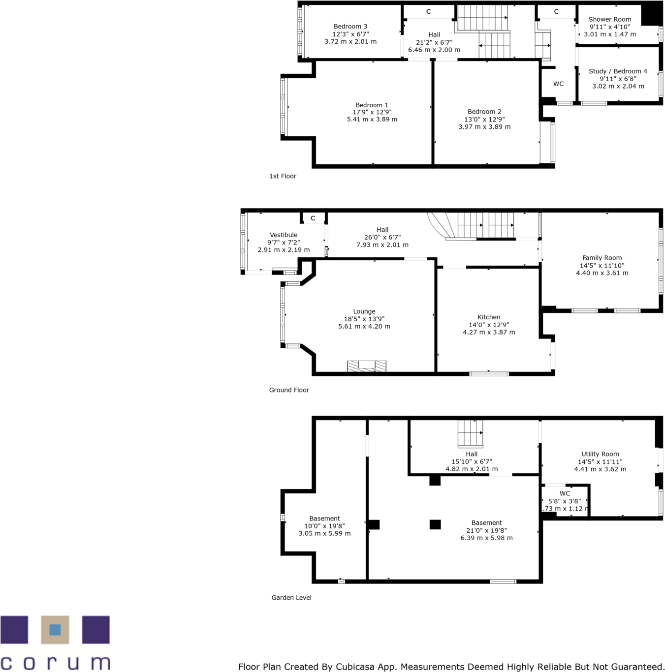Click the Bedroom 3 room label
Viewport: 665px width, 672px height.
pyautogui.click(x=350, y=27)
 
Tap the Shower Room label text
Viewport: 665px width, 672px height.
pyautogui.click(x=609, y=19)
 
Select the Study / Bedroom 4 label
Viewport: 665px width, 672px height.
pyautogui.click(x=618, y=71)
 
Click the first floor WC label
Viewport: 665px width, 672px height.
pyautogui.click(x=558, y=84)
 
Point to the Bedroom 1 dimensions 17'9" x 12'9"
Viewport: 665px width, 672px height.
pyautogui.click(x=372, y=112)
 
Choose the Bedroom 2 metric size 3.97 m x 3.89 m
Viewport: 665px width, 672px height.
pyautogui.click(x=484, y=127)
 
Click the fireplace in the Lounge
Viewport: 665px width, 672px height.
pyautogui.click(x=366, y=366)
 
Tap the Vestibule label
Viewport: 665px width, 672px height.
pyautogui.click(x=284, y=235)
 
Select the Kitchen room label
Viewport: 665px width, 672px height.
pyautogui.click(x=488, y=317)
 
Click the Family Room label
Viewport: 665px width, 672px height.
pyautogui.click(x=602, y=258)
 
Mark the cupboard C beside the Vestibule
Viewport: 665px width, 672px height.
pyautogui.click(x=313, y=218)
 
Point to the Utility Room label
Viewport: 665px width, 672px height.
pyautogui.click(x=600, y=454)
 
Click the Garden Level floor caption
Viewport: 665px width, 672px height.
pyautogui.click(x=291, y=598)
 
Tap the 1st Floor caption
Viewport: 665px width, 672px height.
pyautogui.click(x=283, y=176)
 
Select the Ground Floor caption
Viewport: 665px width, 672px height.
pyautogui.click(x=289, y=390)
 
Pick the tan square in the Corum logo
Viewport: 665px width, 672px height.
pyautogui.click(x=55, y=630)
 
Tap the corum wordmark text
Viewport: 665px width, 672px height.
pyautogui.click(x=55, y=663)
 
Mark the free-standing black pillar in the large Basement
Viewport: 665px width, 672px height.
pyautogui.click(x=435, y=524)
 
